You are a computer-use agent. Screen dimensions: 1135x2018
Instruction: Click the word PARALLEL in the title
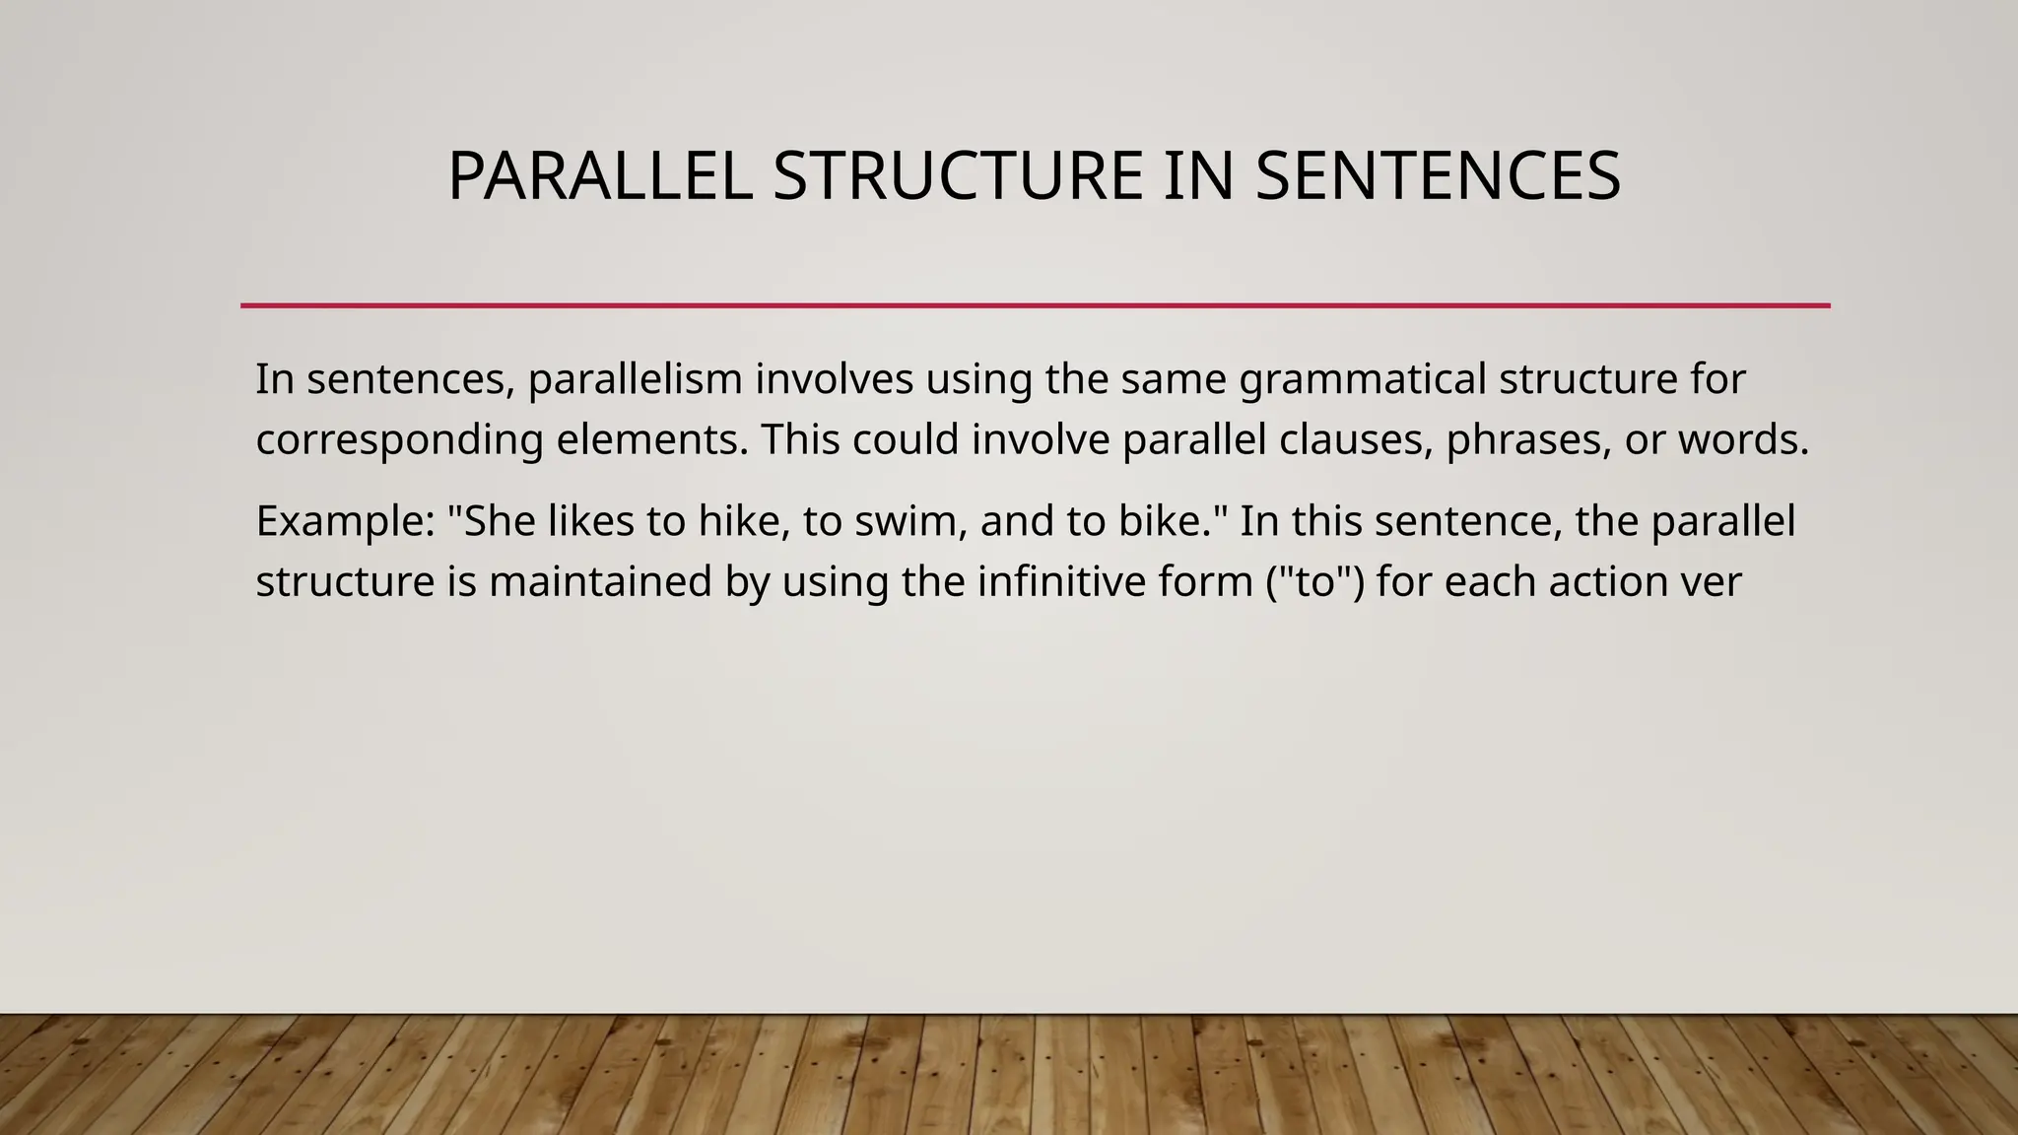click(600, 177)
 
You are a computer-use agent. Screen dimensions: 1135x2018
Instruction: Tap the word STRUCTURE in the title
click(957, 177)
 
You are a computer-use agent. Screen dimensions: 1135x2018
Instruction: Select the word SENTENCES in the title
click(1438, 177)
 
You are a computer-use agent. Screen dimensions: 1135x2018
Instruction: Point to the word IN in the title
click(1198, 177)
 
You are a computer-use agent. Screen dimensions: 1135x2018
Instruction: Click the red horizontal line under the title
click(1035, 305)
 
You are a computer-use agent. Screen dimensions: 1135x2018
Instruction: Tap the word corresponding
click(399, 440)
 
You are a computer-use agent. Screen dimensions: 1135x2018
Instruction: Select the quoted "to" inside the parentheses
click(1315, 581)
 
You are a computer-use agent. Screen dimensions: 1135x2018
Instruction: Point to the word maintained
click(600, 581)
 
